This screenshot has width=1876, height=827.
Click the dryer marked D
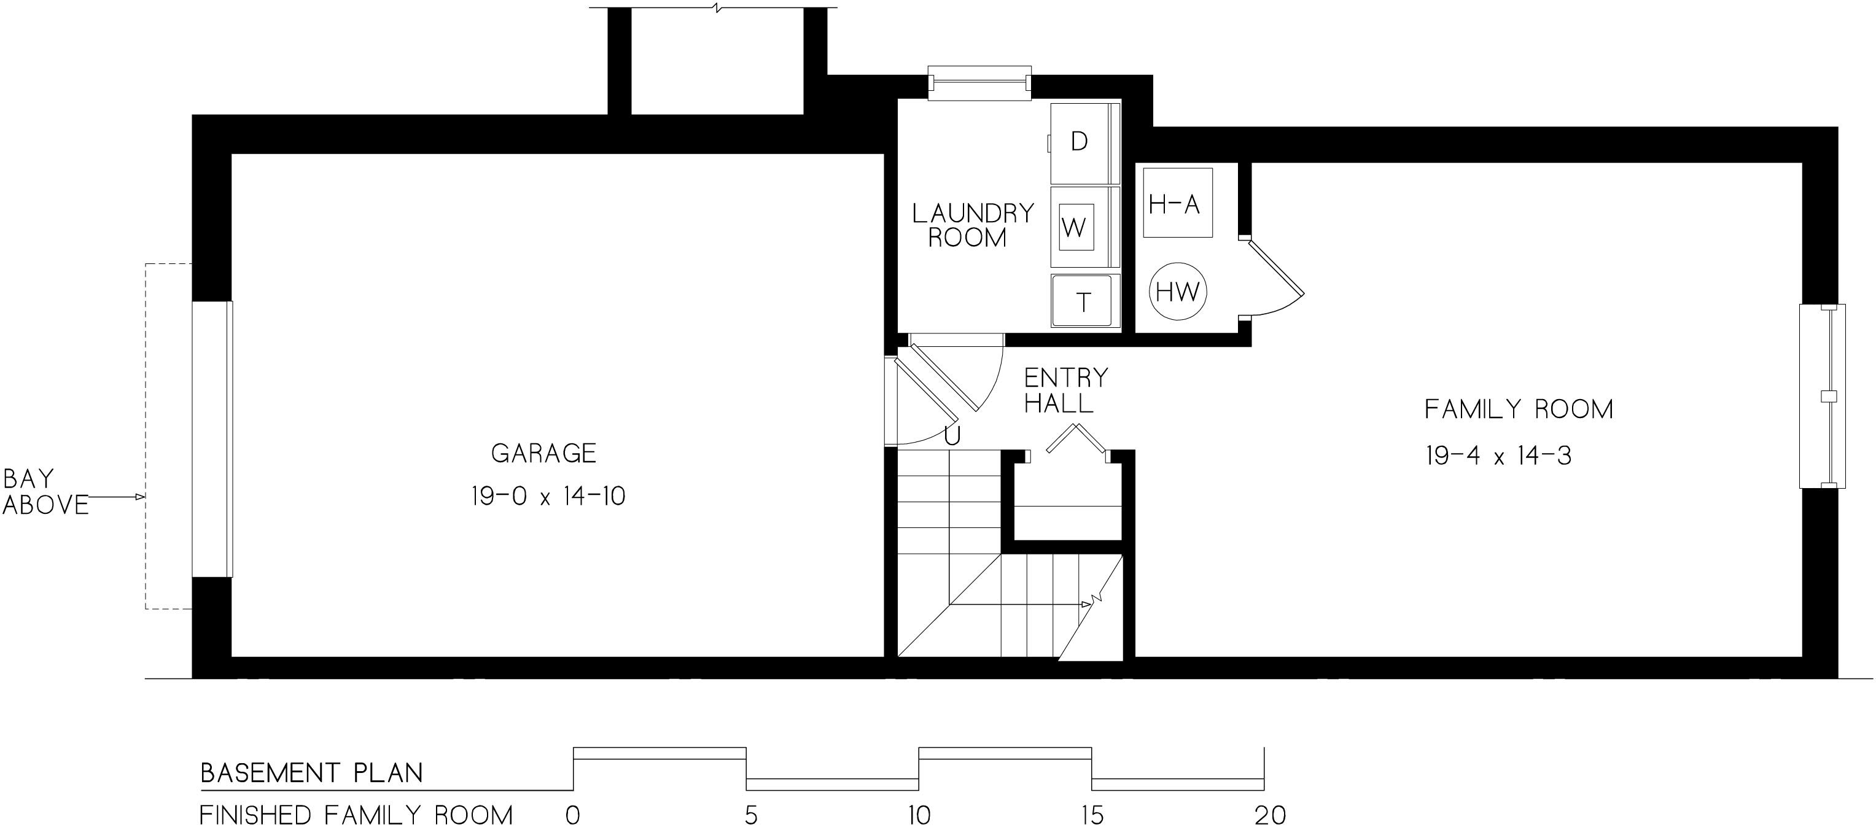pyautogui.click(x=1084, y=144)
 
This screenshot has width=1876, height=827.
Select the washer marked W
pyautogui.click(x=1084, y=227)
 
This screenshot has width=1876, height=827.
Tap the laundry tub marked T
pyautogui.click(x=1084, y=301)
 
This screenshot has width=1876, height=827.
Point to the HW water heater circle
pyautogui.click(x=1178, y=292)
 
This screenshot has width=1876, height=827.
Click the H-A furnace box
pyautogui.click(x=1178, y=203)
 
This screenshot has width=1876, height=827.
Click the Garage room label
pyautogui.click(x=544, y=454)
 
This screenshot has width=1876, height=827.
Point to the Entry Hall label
pyautogui.click(x=1065, y=390)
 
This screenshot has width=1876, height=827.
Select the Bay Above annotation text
pyautogui.click(x=45, y=491)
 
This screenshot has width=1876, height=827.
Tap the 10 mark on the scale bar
pyautogui.click(x=920, y=815)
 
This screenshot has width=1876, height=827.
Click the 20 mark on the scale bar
pyautogui.click(x=1270, y=815)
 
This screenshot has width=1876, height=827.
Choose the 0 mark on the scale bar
pyautogui.click(x=573, y=815)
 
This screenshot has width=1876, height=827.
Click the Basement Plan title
pyautogui.click(x=312, y=773)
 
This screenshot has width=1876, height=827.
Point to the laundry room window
pyautogui.click(x=979, y=83)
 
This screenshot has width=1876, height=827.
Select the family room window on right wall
pyautogui.click(x=1822, y=396)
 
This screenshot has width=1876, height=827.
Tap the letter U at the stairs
pyautogui.click(x=952, y=435)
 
